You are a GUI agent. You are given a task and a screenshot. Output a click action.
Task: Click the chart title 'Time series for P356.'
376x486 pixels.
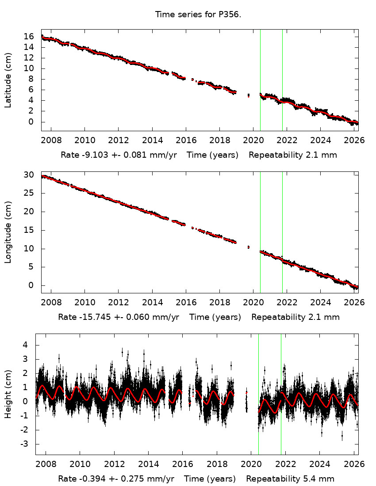pos(198,15)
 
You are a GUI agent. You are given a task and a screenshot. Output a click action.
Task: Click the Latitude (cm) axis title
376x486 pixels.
pos(8,80)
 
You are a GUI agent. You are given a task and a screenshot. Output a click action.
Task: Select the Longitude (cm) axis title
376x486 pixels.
pos(8,232)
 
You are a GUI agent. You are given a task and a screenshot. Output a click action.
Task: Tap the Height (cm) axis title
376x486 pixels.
pos(8,394)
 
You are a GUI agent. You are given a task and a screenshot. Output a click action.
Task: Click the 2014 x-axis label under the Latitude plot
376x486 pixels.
pos(152,140)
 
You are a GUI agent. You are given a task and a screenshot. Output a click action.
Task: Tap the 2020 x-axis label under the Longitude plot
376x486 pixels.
pos(253,303)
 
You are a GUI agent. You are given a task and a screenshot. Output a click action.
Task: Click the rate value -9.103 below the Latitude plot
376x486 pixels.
pos(91,155)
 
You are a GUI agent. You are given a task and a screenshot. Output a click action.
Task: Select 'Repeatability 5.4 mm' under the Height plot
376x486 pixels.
pos(290,479)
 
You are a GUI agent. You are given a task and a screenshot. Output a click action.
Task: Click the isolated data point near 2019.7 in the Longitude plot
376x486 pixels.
pos(249,247)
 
